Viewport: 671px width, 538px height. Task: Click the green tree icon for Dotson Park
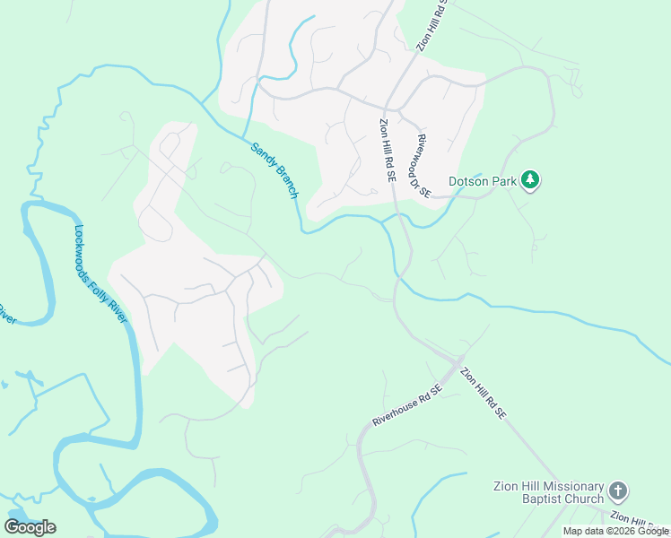tap(531, 180)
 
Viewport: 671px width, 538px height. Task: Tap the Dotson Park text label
tap(484, 181)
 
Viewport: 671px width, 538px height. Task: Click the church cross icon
tap(617, 490)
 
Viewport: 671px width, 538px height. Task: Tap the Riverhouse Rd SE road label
tap(408, 405)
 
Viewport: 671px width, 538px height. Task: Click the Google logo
tap(30, 526)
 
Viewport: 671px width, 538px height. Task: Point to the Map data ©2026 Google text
tap(615, 531)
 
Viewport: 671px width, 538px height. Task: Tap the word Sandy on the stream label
tap(261, 155)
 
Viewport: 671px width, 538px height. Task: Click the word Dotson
tap(470, 181)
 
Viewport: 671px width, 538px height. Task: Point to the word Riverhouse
tap(398, 411)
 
